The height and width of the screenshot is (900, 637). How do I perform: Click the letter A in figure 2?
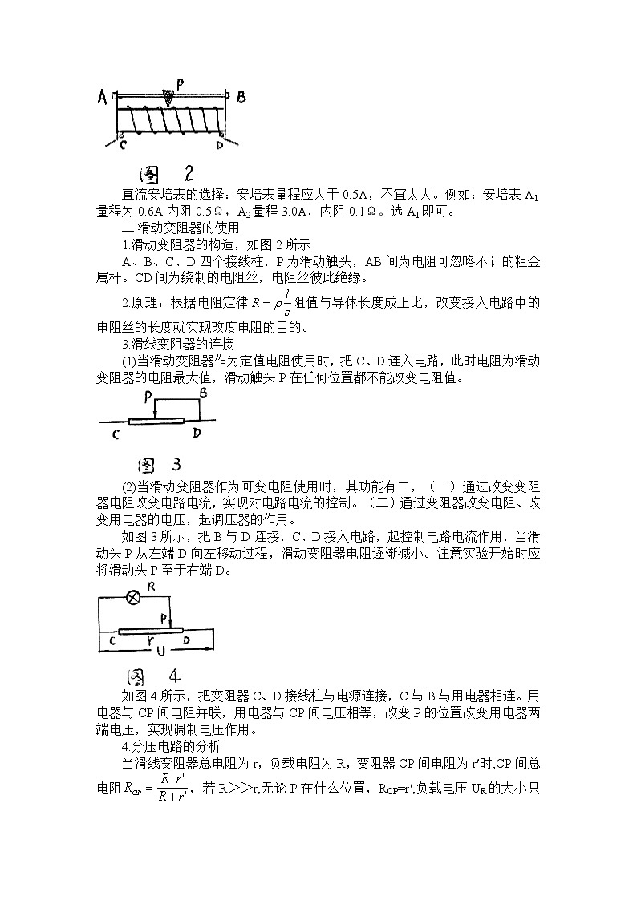(102, 98)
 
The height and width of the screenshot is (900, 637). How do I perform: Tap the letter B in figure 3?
(203, 394)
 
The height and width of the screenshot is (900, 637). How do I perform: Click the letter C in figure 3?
(116, 434)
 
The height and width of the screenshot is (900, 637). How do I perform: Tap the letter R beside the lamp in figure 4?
(151, 587)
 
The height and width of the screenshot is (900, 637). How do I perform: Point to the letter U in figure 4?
(160, 649)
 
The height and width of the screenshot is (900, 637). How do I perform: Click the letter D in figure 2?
(219, 146)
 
